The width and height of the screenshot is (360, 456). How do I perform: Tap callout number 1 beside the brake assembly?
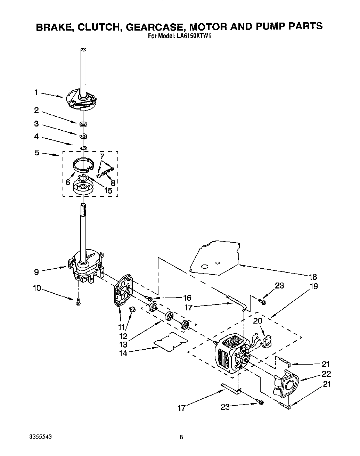click(36, 92)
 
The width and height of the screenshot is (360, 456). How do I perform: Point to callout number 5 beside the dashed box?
click(37, 152)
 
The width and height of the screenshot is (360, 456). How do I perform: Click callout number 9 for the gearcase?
click(36, 272)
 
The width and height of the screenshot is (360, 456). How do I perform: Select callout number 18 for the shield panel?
click(313, 277)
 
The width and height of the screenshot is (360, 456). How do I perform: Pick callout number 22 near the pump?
click(326, 374)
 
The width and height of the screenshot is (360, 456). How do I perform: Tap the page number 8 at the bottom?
click(181, 437)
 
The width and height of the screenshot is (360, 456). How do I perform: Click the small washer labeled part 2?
click(83, 124)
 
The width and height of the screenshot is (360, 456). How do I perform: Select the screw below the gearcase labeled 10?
click(78, 302)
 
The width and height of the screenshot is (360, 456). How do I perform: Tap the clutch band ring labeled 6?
click(83, 164)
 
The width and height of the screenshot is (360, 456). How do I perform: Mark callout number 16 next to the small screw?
click(187, 298)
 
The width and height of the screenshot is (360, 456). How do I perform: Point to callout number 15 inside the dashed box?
click(108, 191)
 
